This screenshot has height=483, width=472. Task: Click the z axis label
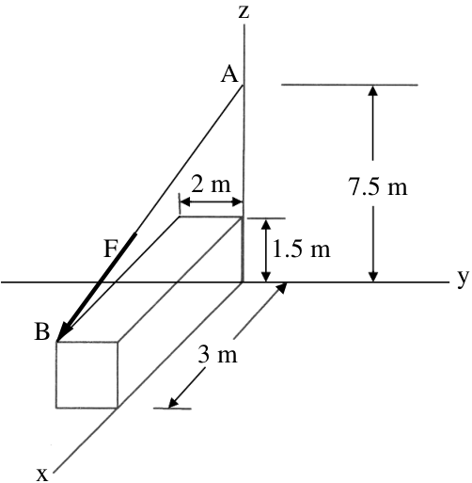click(244, 12)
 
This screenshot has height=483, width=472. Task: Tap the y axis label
click(463, 278)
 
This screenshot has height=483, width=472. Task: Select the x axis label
click(42, 475)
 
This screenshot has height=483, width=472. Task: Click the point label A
click(229, 75)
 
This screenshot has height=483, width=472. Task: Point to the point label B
click(42, 331)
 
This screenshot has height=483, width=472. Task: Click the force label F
click(111, 250)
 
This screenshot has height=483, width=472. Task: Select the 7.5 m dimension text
click(378, 187)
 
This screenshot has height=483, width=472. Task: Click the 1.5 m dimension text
click(302, 250)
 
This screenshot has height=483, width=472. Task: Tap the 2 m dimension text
click(211, 185)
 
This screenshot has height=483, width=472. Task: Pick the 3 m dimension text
click(217, 356)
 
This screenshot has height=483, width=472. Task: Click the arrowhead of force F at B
click(65, 331)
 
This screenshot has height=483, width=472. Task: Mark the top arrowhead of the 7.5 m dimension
click(372, 90)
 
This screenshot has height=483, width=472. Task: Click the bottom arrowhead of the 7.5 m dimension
click(372, 277)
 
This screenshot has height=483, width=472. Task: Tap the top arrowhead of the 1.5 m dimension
click(266, 225)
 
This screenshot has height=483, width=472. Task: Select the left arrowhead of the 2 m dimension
click(185, 202)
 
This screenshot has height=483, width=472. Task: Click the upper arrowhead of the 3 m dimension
click(281, 287)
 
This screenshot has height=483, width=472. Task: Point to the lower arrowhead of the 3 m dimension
click(174, 403)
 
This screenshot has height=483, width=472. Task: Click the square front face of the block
click(87, 375)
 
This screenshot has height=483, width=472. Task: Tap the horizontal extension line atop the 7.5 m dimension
click(350, 85)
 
